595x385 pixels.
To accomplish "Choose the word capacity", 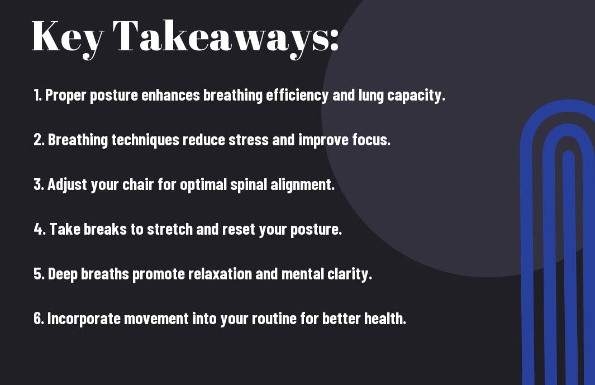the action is [x=416, y=96].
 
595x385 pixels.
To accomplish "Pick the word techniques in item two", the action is [x=145, y=140].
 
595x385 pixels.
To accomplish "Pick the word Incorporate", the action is [x=84, y=319].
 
